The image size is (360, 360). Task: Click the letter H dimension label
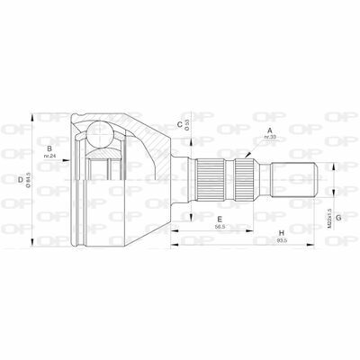coord(281,234)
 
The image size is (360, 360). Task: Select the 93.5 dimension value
coord(282,244)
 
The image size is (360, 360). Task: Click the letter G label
coord(338,190)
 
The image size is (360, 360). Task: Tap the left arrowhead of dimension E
coord(175,229)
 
